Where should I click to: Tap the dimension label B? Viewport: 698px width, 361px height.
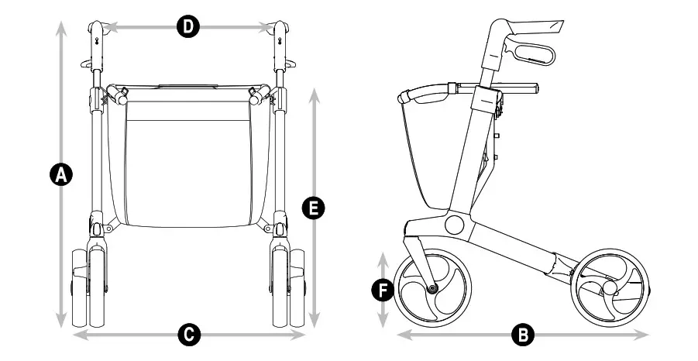click(523, 335)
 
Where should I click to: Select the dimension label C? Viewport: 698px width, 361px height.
click(188, 335)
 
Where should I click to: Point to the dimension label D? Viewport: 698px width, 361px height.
click(187, 28)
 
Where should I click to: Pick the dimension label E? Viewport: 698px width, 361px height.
click(314, 208)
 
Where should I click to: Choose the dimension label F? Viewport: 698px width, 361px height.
click(380, 290)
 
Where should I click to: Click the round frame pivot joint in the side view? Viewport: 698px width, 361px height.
click(455, 225)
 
